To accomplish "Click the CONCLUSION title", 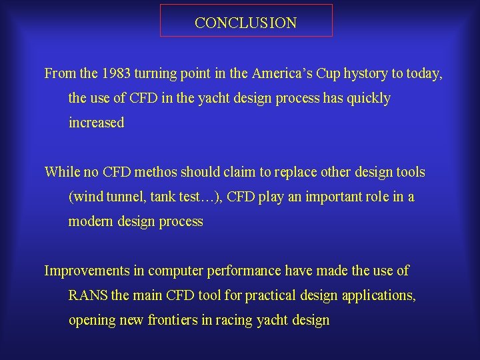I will click(246, 23).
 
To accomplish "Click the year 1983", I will click(111, 73).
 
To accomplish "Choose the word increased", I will click(96, 123).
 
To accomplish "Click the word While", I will click(62, 172).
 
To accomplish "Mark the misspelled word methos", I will click(157, 172).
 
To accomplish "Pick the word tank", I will click(163, 197).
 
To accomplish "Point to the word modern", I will click(91, 221).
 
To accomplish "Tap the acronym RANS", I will click(88, 295).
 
